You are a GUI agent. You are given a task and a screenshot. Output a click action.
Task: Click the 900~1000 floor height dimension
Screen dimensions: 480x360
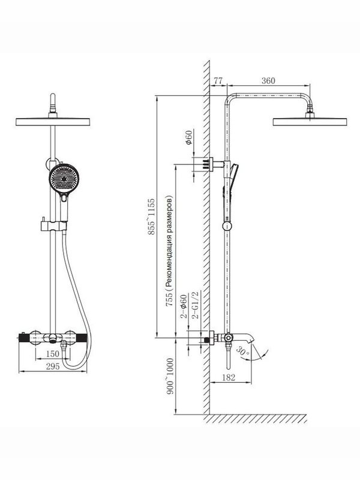170,374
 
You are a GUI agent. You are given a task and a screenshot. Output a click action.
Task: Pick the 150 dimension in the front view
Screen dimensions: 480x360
53,355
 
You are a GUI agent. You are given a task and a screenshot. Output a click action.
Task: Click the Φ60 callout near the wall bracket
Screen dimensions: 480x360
188,139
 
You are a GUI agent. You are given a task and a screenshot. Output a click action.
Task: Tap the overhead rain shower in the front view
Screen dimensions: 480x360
53,121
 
